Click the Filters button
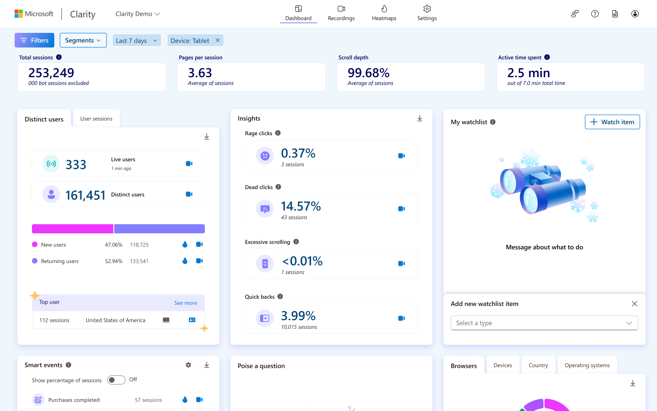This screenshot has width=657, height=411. (34, 40)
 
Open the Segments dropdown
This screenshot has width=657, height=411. (83, 40)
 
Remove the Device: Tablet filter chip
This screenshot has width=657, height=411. (218, 40)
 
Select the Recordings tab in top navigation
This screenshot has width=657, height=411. (341, 13)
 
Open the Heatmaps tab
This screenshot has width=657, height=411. (384, 13)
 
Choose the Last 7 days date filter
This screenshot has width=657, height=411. (136, 41)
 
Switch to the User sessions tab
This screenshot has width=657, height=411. (96, 119)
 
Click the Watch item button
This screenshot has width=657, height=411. (612, 122)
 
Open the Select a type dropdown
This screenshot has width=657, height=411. (544, 323)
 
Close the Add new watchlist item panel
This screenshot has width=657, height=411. (634, 304)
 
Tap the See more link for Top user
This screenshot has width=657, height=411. (185, 303)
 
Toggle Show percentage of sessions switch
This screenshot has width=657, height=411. (116, 380)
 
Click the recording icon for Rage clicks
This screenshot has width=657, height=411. (401, 156)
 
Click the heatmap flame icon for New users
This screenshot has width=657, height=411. (185, 244)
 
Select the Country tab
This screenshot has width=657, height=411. (538, 365)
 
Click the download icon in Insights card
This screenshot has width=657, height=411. (419, 119)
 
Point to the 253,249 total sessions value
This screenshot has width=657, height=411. (51, 73)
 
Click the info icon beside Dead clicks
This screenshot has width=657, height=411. (278, 187)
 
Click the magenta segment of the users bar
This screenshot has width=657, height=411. (73, 229)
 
